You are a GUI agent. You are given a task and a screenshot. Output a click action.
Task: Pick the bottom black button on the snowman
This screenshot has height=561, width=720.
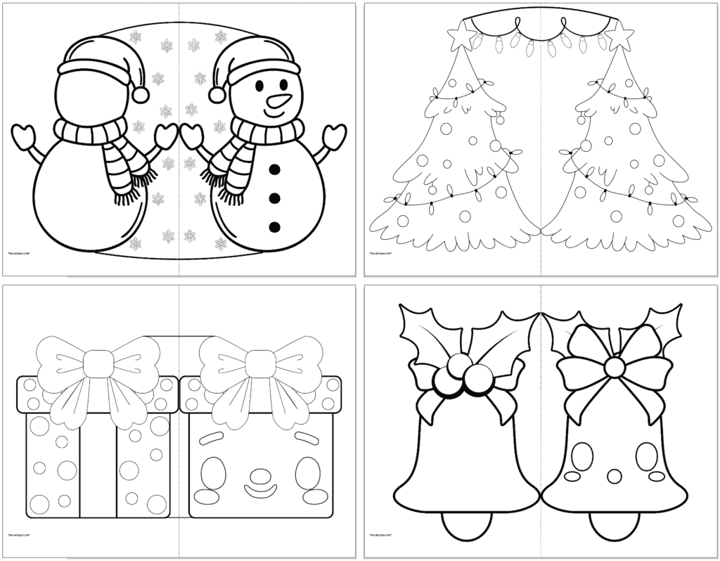point(275,226)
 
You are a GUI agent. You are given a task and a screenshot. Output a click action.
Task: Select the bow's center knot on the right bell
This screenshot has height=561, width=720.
point(615,366)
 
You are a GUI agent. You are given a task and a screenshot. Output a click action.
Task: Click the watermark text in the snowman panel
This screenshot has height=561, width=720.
point(25,254)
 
